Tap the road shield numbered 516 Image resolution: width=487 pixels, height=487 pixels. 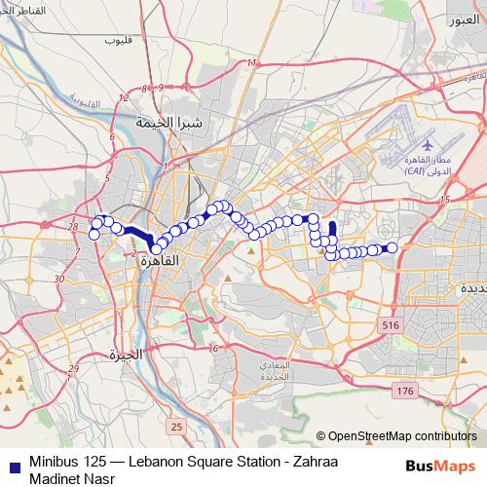[391, 324]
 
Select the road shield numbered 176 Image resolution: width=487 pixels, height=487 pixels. [406, 391]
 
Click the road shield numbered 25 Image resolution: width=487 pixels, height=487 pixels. [175, 427]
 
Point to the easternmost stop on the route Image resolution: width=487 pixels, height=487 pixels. [393, 247]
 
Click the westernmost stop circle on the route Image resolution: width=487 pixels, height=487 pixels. [94, 233]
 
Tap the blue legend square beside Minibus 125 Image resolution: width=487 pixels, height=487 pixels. [10, 462]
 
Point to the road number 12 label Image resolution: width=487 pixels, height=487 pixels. [123, 98]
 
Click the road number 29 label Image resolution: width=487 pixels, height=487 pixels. [74, 367]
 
